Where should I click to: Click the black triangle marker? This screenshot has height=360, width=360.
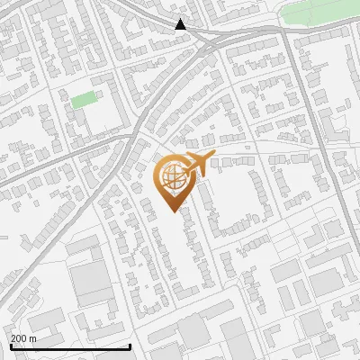click(181, 24)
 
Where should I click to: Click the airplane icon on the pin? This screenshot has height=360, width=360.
click(197, 164)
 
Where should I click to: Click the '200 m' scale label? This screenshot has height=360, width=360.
click(24, 338)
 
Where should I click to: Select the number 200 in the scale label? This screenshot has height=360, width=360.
click(20, 338)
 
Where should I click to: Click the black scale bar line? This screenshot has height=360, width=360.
click(70, 346)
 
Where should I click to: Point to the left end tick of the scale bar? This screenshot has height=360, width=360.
click(11, 345)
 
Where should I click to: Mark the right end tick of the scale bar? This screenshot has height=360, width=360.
click(130, 345)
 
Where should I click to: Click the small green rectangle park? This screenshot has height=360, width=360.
click(83, 99)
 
